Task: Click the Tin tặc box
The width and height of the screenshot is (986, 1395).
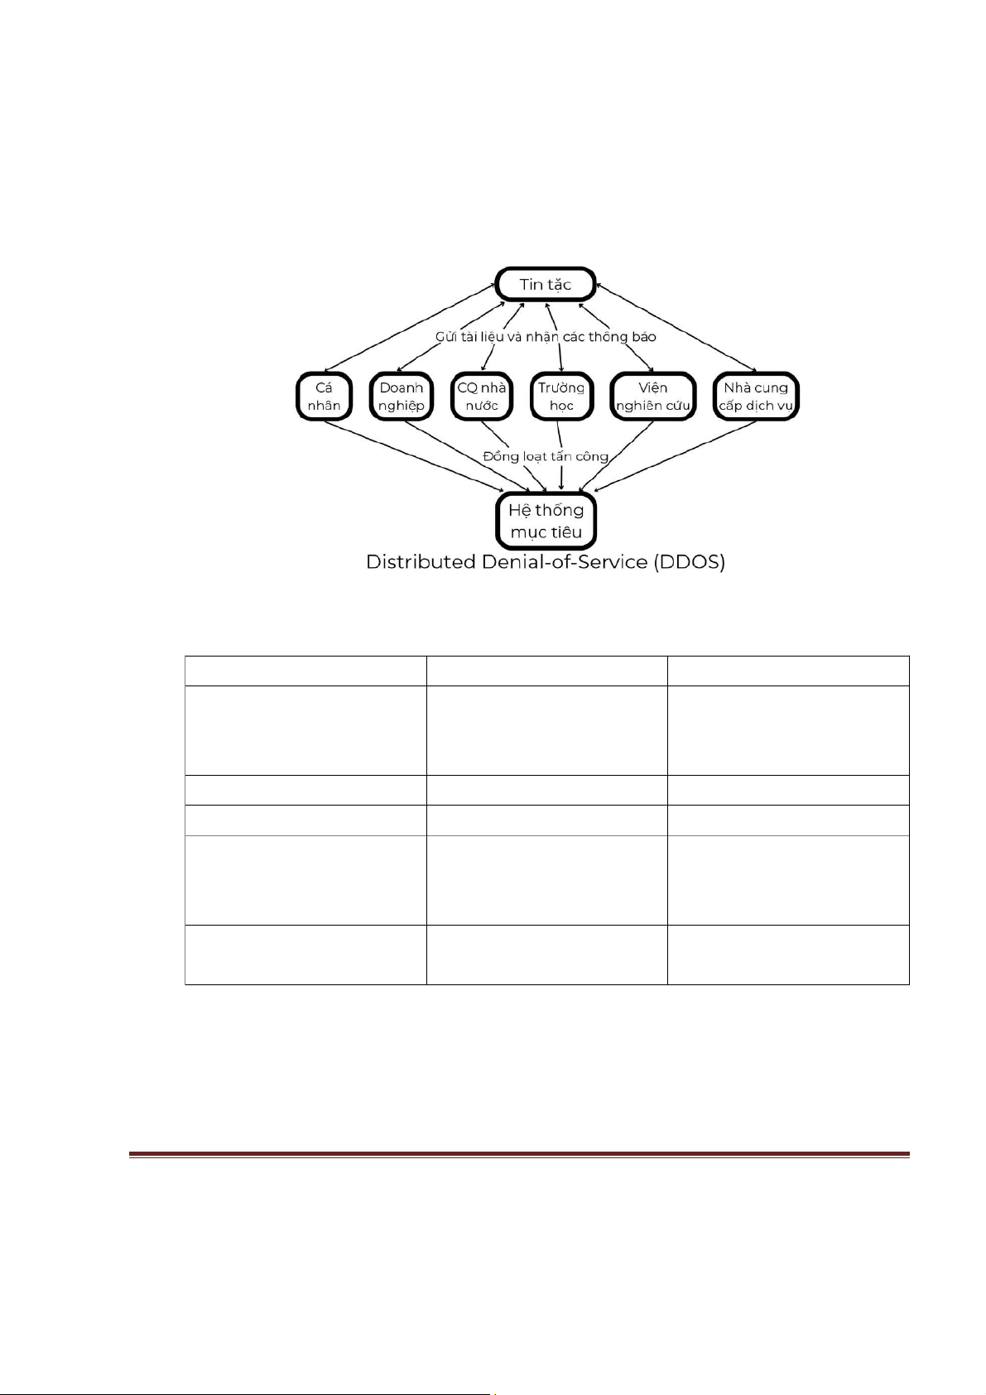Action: pos(545,284)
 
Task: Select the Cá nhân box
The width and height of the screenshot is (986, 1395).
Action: pos(324,397)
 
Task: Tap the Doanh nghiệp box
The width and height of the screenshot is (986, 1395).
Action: pos(402,397)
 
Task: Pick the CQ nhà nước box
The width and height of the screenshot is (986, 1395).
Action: pos(481,397)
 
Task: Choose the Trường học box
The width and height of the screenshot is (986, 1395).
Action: pos(561,397)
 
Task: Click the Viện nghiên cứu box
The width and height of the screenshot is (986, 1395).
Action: pos(652,397)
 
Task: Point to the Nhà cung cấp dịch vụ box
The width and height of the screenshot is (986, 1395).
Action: pos(755,397)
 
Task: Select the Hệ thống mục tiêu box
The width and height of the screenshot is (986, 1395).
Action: pos(546,521)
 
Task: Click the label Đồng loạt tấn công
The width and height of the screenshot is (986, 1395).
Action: pos(546,456)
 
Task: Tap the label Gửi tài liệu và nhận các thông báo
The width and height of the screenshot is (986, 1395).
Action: pos(546,337)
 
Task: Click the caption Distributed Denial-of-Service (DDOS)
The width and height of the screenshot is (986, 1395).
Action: pos(546,562)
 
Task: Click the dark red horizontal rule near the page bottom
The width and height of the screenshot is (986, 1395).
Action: pos(519,1154)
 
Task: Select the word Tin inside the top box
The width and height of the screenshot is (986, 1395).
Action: pos(530,284)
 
